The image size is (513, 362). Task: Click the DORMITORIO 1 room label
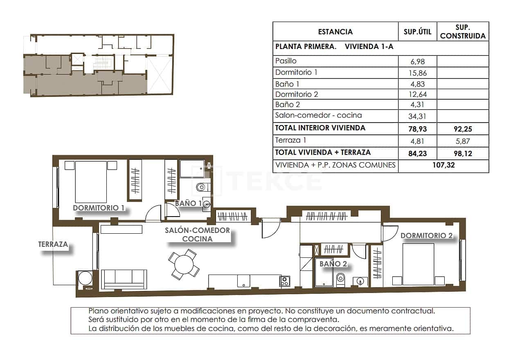pyautogui.click(x=98, y=208)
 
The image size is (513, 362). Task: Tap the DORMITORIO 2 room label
pyautogui.click(x=426, y=235)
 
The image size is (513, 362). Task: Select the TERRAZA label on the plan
pyautogui.click(x=53, y=244)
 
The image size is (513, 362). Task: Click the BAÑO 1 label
pyautogui.click(x=188, y=203)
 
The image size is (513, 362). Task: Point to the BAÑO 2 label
pyautogui.click(x=333, y=264)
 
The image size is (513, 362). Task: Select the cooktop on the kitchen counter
pyautogui.click(x=285, y=281)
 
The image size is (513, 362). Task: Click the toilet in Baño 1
pyautogui.click(x=202, y=188)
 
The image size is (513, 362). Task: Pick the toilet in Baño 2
pyautogui.click(x=340, y=280)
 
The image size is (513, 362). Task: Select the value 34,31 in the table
pyautogui.click(x=417, y=116)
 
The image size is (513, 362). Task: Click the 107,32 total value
pyautogui.click(x=443, y=165)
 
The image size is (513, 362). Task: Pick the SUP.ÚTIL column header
pyautogui.click(x=417, y=32)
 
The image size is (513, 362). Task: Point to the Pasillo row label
pyautogui.click(x=286, y=61)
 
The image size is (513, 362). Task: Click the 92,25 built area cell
pyautogui.click(x=463, y=128)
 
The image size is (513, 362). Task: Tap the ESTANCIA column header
pyautogui.click(x=335, y=32)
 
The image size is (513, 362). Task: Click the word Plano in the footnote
pyautogui.click(x=98, y=311)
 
